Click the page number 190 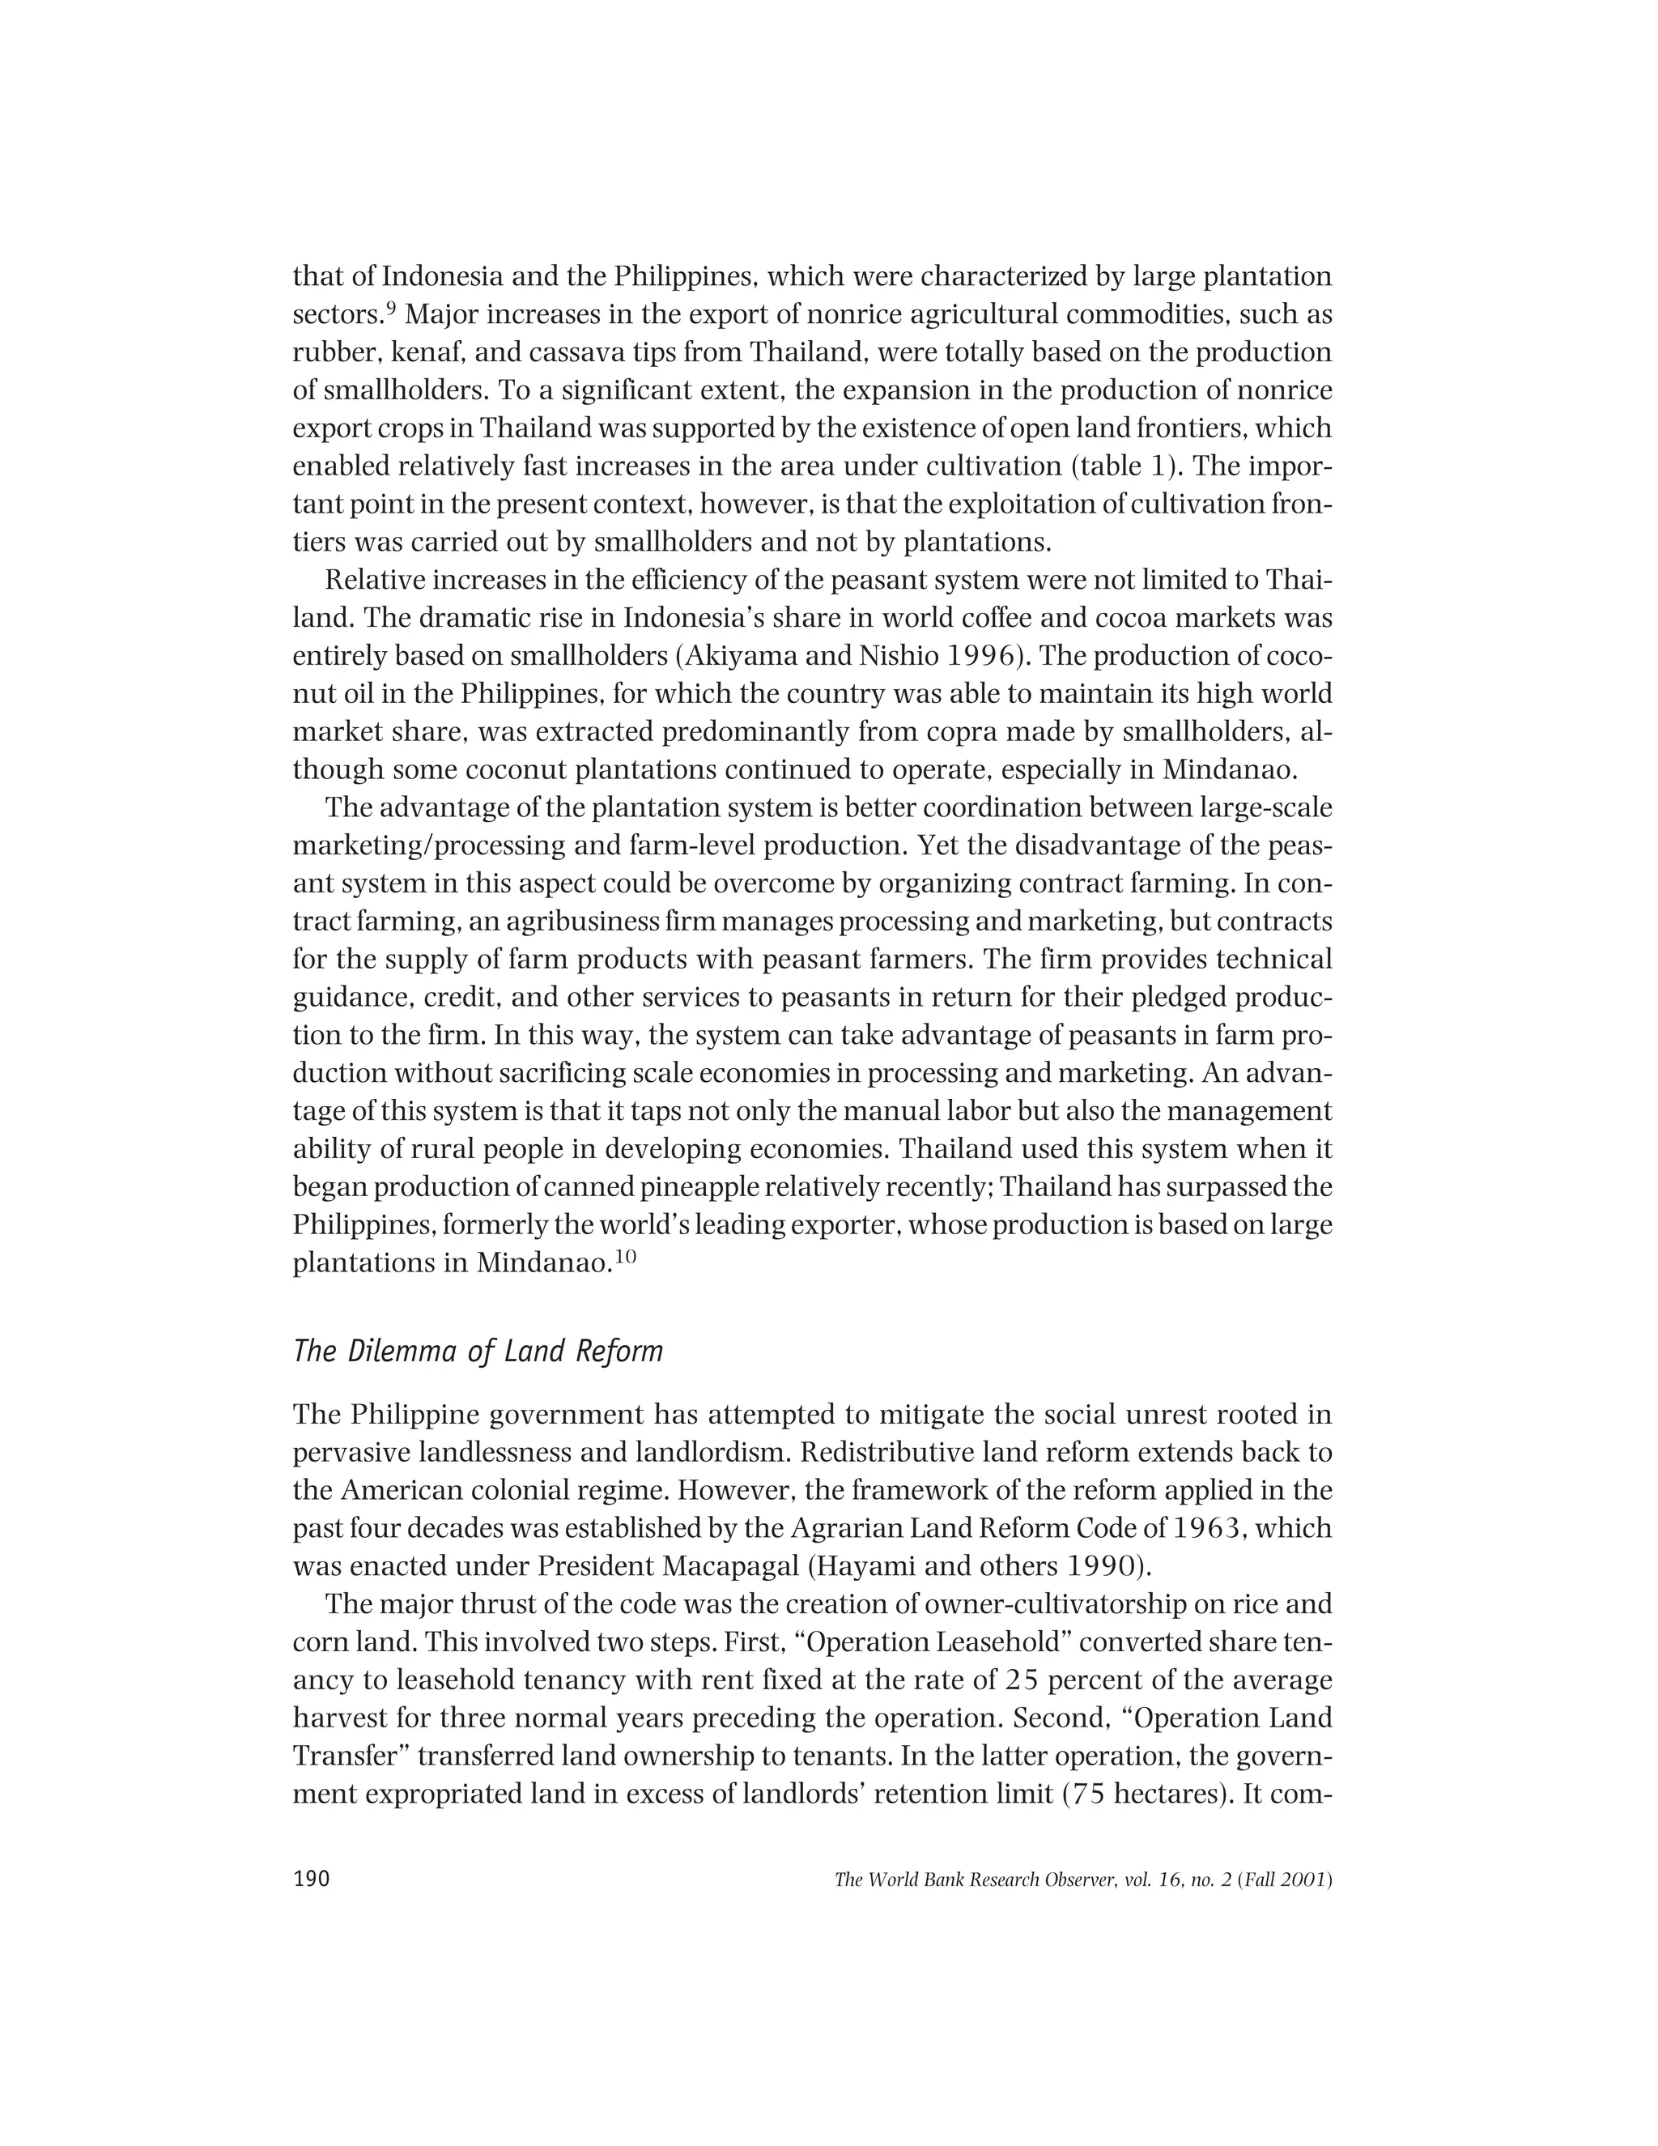pos(312,1880)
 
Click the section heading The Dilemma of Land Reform pos(478,1352)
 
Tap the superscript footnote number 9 pos(390,309)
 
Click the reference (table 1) pos(1111,466)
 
